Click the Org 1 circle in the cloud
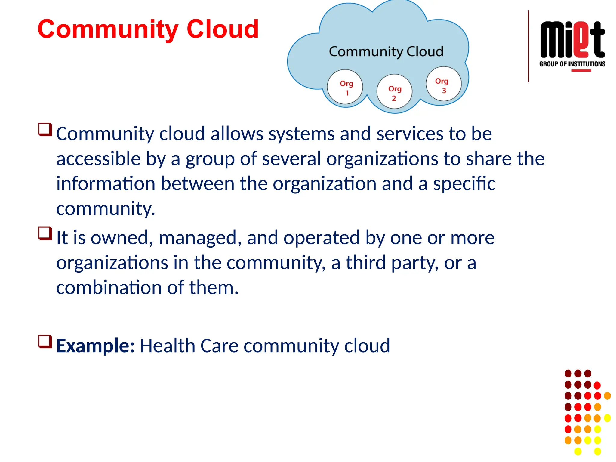(x=345, y=87)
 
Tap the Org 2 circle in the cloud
(x=394, y=92)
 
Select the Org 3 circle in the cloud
(x=443, y=84)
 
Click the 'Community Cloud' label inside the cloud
(x=386, y=51)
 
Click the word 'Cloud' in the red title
(x=223, y=29)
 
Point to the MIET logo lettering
(x=572, y=40)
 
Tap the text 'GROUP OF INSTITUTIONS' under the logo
(x=572, y=64)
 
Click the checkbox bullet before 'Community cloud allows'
(x=45, y=130)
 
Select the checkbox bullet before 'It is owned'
(x=45, y=234)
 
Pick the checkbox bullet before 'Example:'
(x=45, y=342)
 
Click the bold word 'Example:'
(x=95, y=346)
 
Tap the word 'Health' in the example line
(x=167, y=346)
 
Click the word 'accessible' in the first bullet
(x=98, y=159)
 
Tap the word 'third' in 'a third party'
(x=365, y=263)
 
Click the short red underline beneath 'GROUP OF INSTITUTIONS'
(x=581, y=71)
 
